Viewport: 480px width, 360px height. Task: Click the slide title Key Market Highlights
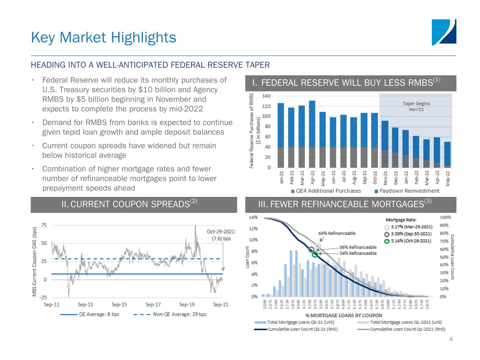pyautogui.click(x=103, y=37)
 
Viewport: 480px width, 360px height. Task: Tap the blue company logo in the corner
pyautogui.click(x=444, y=32)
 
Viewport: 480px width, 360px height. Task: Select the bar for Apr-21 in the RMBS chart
pyautogui.click(x=312, y=134)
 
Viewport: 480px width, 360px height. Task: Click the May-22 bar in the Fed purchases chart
pyautogui.click(x=447, y=155)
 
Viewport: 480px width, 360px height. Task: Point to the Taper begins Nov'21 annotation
pyautogui.click(x=416, y=106)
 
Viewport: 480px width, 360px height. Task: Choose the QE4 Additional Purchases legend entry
pyautogui.click(x=326, y=191)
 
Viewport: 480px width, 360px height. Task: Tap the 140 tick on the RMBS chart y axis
pyautogui.click(x=266, y=96)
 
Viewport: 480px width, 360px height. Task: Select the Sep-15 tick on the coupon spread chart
pyautogui.click(x=119, y=304)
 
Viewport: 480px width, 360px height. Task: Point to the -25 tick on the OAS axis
pyautogui.click(x=43, y=297)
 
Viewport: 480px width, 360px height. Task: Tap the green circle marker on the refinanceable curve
pyautogui.click(x=315, y=255)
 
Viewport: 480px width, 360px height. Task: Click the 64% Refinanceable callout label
pyautogui.click(x=337, y=233)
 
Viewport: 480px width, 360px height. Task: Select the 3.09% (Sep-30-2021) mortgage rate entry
pyautogui.click(x=408, y=234)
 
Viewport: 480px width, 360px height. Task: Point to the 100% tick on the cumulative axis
pyautogui.click(x=445, y=218)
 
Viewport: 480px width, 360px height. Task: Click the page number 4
pyautogui.click(x=451, y=340)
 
